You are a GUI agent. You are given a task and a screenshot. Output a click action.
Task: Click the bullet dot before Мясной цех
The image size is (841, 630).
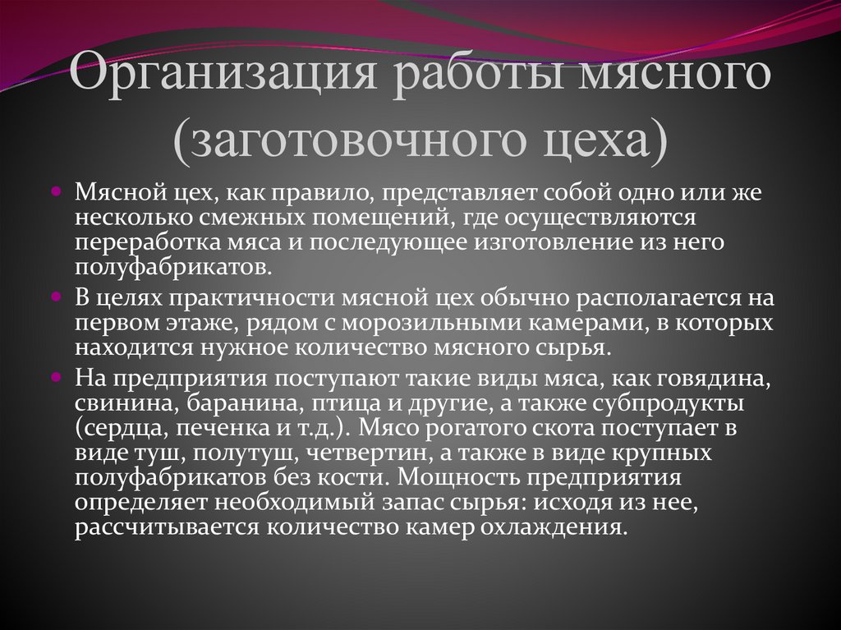click(x=57, y=191)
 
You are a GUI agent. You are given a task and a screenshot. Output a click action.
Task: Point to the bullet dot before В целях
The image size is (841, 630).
click(x=57, y=294)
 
